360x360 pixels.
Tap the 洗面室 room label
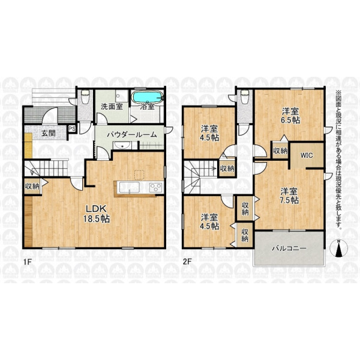(112, 107)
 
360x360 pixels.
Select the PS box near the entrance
(72, 128)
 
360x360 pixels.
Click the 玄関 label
(48, 133)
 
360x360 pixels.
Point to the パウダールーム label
(132, 135)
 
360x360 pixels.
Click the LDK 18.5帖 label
(96, 214)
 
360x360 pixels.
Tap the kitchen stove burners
(156, 187)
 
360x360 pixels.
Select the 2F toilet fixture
(244, 96)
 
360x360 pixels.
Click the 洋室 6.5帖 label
(290, 116)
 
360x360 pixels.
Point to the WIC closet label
(307, 155)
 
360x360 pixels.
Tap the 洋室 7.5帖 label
(289, 196)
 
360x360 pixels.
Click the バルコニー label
(289, 248)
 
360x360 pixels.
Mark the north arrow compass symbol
(338, 249)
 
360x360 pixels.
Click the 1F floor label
(26, 262)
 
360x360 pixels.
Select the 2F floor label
(187, 262)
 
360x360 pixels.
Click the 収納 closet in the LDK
(32, 187)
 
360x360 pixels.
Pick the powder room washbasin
(122, 145)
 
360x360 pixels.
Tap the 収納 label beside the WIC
(280, 151)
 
